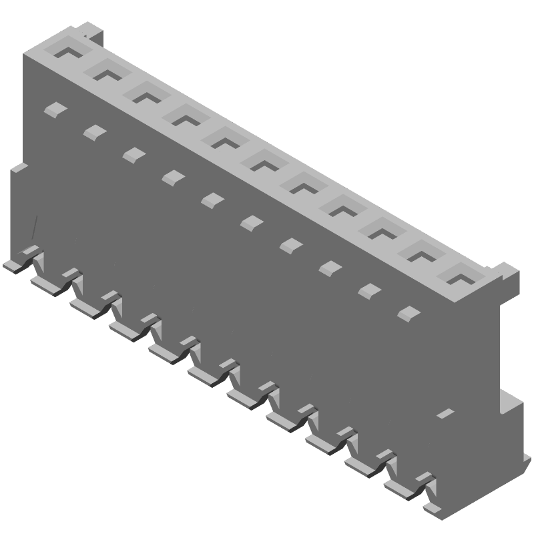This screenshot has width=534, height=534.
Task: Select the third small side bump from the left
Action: pyautogui.click(x=133, y=154)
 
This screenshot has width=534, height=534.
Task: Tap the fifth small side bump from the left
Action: pyautogui.click(x=212, y=200)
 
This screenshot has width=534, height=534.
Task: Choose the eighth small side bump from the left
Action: pyautogui.click(x=329, y=268)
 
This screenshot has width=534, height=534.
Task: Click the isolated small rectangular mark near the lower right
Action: pyautogui.click(x=445, y=414)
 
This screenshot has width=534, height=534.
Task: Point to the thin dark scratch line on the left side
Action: pyautogui.click(x=33, y=227)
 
